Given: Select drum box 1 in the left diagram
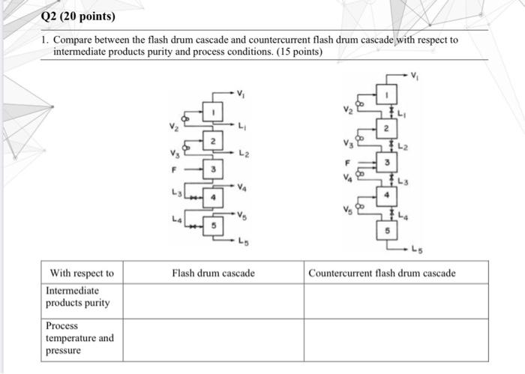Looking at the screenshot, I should point(213,111).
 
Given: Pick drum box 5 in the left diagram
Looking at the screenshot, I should point(213,225).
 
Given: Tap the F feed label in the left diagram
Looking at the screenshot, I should point(173,170).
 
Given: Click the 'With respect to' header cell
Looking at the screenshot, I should point(82,274).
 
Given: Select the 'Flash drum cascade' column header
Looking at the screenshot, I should point(213,274).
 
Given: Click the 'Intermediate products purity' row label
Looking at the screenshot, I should point(77,297).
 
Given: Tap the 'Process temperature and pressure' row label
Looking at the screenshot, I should point(79,338).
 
